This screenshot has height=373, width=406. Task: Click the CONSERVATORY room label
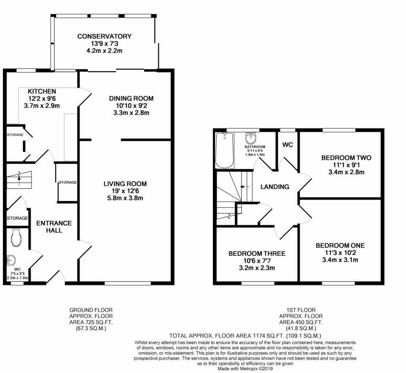pos(104,36)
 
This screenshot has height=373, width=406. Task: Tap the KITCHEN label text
pos(42,91)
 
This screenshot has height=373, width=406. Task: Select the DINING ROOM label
pos(131,98)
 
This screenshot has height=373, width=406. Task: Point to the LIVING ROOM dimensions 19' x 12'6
pos(125,191)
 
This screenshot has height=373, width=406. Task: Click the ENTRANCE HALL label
pos(54,226)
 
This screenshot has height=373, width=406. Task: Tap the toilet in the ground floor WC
pos(16,237)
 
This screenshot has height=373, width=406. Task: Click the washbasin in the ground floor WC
pos(12,260)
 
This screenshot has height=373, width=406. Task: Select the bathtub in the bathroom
pos(224,150)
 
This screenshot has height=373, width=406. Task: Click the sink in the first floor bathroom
pos(251,138)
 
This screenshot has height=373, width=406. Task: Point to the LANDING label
pos(275,186)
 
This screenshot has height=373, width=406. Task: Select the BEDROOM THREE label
pos(257,253)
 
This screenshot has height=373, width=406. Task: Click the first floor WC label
pos(287,145)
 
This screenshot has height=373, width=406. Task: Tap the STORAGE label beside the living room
pos(67,182)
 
